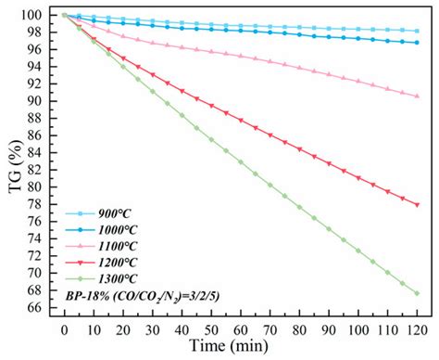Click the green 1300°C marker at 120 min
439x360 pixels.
click(418, 293)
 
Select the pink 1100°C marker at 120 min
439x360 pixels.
click(418, 96)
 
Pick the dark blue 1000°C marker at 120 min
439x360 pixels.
click(418, 42)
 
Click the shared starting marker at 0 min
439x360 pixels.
click(64, 15)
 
